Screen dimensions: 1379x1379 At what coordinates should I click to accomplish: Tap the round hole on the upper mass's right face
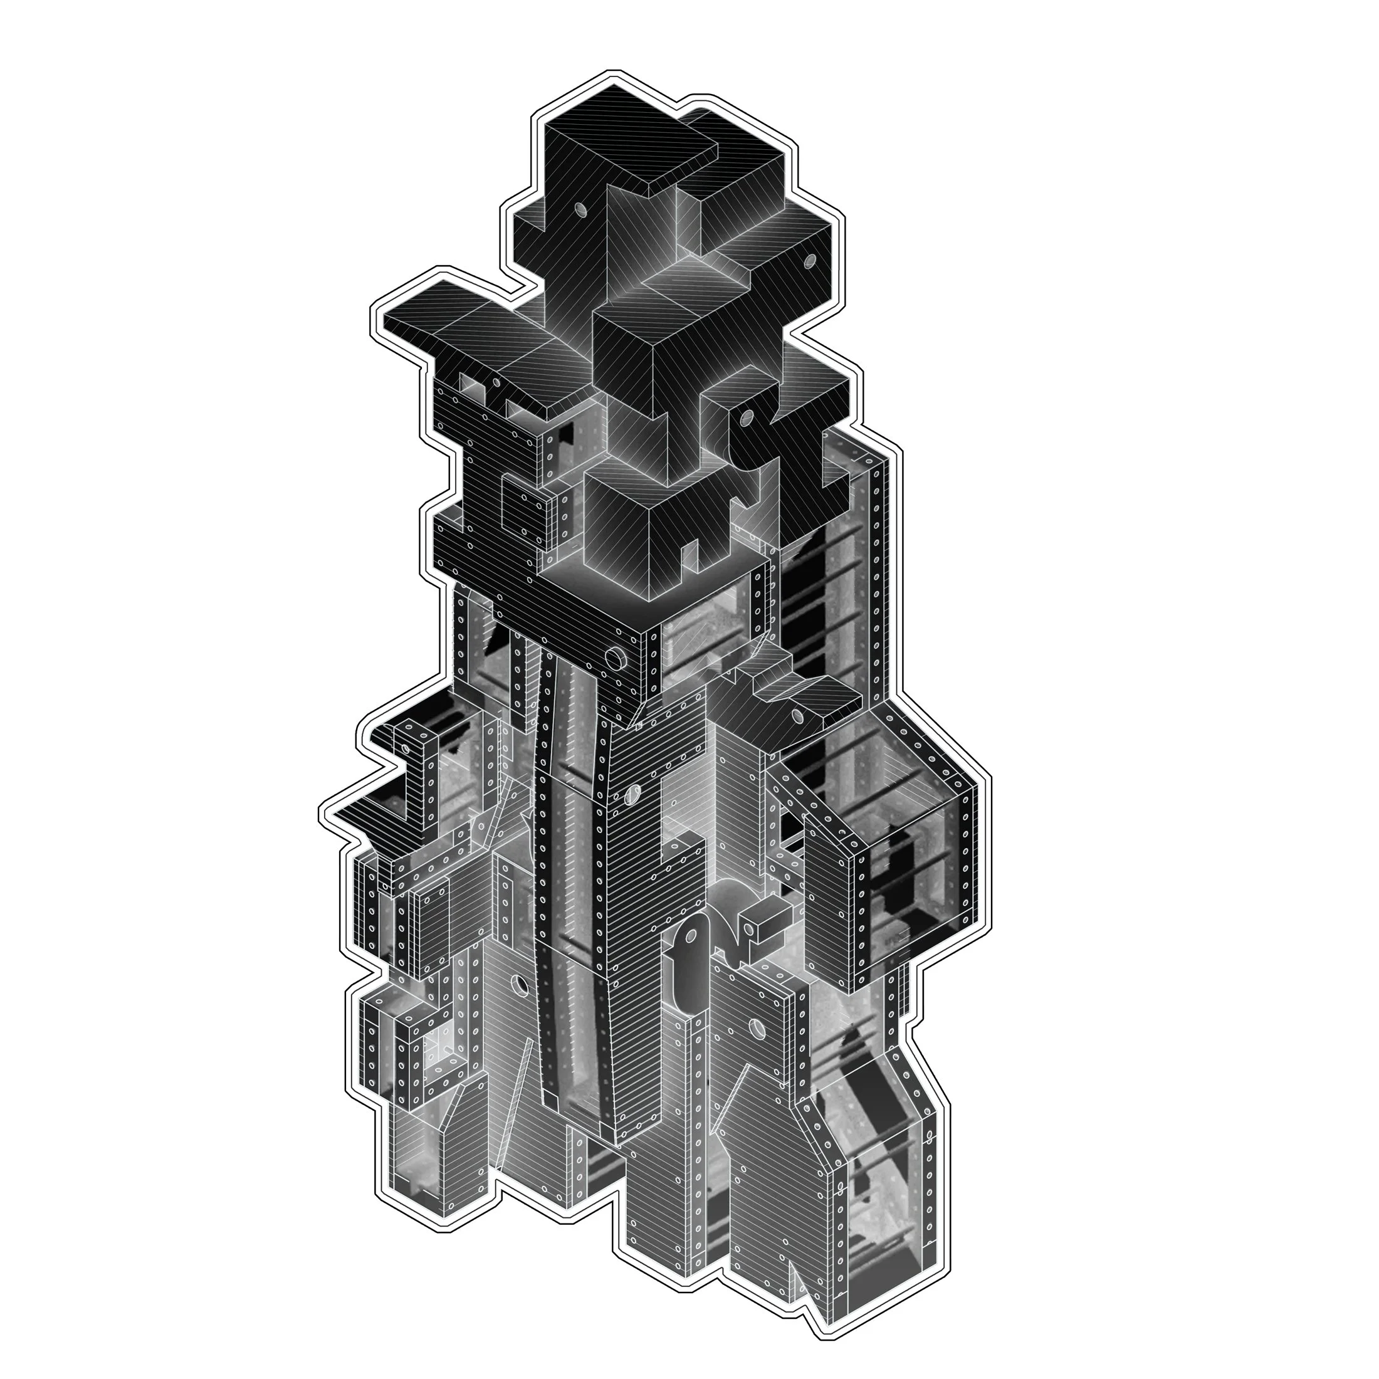point(809,262)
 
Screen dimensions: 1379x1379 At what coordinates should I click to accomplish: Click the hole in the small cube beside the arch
point(750,928)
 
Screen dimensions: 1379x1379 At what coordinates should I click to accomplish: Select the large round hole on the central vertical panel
point(631,794)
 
